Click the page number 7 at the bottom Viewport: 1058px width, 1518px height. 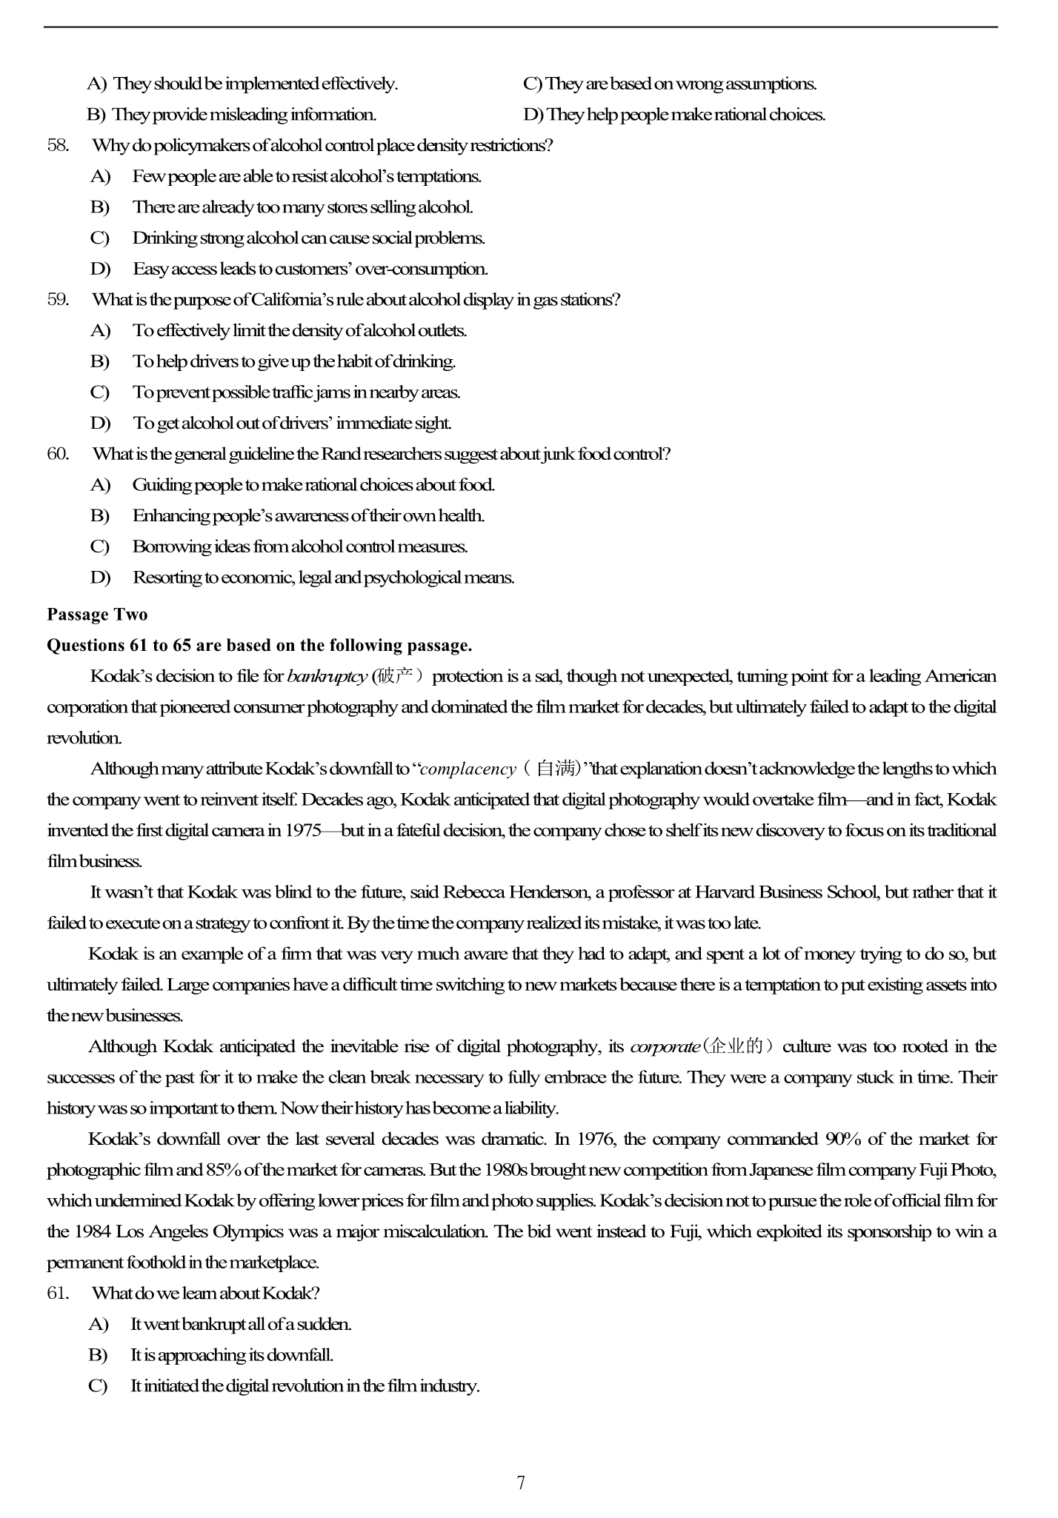click(521, 1482)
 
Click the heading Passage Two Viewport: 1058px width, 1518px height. click(97, 615)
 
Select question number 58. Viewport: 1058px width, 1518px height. click(58, 145)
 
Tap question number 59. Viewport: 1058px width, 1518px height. click(58, 299)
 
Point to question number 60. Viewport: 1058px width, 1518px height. click(58, 453)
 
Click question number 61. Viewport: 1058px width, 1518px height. click(58, 1293)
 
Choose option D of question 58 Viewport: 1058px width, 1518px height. click(100, 268)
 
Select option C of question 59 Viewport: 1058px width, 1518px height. click(100, 392)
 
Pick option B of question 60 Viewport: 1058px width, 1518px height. click(100, 515)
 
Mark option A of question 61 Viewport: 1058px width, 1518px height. click(99, 1324)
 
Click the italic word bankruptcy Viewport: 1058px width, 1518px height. click(327, 676)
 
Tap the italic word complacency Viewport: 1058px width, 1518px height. click(468, 769)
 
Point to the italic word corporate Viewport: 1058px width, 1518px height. click(665, 1046)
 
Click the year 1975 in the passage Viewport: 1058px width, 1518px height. click(303, 830)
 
